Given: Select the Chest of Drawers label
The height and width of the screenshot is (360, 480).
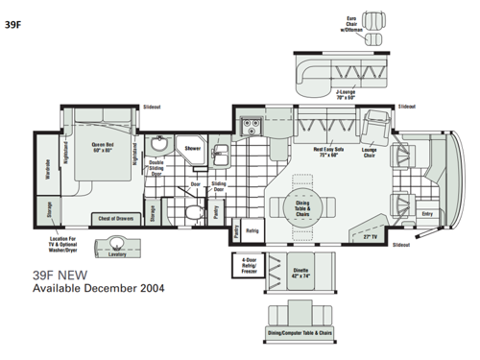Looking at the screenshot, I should coord(114,218).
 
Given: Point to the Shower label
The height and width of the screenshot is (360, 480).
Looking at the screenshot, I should coord(193,149).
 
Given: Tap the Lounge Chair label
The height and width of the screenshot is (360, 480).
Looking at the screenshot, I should coord(370,151).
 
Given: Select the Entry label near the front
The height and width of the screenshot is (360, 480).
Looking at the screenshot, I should coord(427,214).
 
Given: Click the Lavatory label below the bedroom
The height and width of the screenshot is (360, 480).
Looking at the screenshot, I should coord(118,255).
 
